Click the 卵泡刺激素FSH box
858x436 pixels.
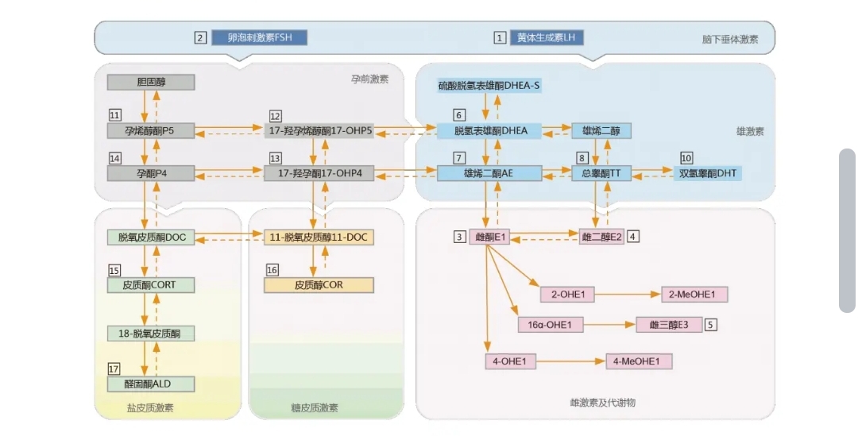pos(259,37)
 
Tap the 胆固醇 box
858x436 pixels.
pos(150,82)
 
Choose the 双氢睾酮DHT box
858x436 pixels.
pos(708,173)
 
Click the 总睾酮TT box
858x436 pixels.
pos(601,173)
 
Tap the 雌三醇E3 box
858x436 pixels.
pos(670,324)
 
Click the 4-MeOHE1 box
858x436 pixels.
pos(639,361)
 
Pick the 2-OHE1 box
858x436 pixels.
pos(567,295)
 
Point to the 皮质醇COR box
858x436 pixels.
pos(319,284)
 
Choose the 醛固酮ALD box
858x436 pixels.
pos(150,384)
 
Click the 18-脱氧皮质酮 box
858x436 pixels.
pos(150,334)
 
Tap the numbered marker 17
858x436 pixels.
pos(114,368)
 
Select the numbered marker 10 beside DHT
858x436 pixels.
pos(686,157)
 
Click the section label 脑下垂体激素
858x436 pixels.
pos(729,39)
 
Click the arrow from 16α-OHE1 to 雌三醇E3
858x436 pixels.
pos(609,324)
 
